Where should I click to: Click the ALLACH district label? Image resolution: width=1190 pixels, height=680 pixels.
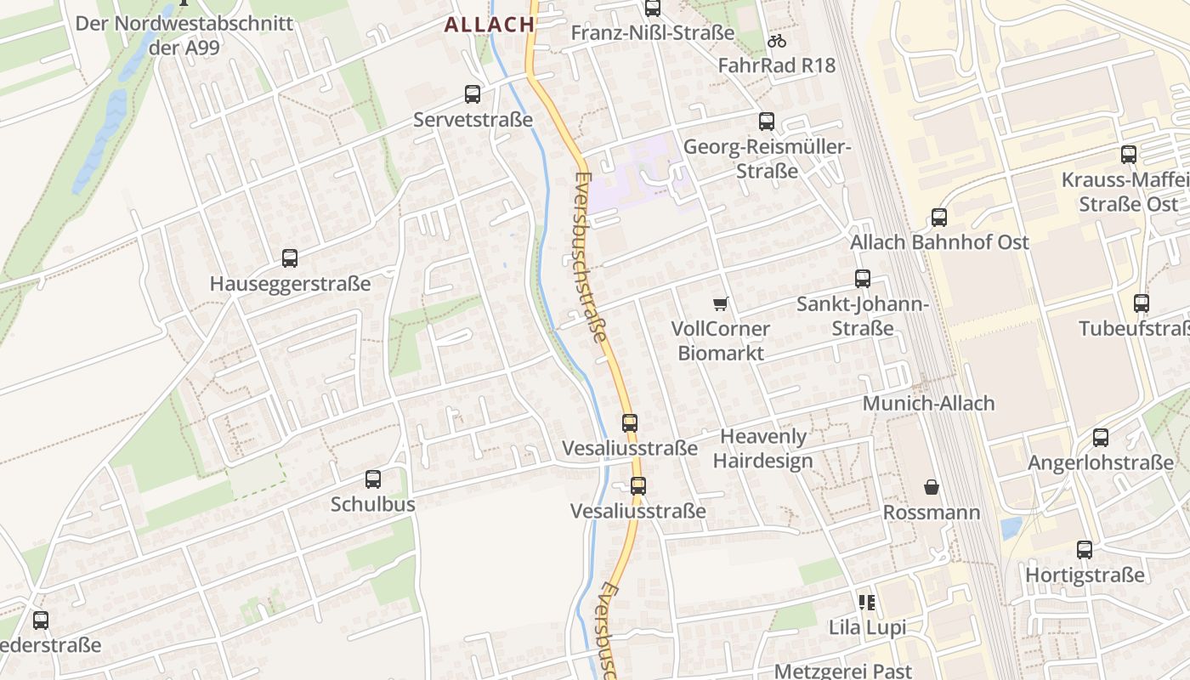[489, 25]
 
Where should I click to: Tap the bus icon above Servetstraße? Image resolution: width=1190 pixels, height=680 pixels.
[473, 94]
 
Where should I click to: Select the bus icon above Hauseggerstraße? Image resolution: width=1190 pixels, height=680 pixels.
[290, 258]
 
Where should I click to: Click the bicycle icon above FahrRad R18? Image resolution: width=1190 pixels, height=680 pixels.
[776, 40]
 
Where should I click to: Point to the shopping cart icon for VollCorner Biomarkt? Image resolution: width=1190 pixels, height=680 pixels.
[721, 303]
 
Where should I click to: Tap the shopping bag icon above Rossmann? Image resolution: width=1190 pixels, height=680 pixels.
[932, 487]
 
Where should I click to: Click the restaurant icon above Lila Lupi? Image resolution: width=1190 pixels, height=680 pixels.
[867, 603]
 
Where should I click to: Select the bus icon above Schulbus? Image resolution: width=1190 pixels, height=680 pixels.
[373, 479]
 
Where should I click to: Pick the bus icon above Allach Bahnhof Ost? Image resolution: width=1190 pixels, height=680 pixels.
[939, 218]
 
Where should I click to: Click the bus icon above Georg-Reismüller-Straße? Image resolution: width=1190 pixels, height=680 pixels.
[767, 122]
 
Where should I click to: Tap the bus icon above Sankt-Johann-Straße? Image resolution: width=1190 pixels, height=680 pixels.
[863, 279]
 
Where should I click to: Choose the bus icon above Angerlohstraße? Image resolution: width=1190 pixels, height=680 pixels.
[1101, 438]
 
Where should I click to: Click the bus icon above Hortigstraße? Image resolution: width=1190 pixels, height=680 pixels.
[1085, 550]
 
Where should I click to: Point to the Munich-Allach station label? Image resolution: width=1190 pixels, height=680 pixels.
[928, 403]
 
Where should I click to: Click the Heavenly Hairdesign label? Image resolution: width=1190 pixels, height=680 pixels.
[762, 449]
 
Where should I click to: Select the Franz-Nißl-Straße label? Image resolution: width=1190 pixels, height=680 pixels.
[653, 33]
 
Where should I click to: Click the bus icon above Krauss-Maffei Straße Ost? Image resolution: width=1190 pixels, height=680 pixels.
[1129, 155]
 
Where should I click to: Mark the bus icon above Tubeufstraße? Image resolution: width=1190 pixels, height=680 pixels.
[1142, 303]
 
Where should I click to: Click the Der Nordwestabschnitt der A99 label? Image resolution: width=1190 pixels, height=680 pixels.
[184, 35]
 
